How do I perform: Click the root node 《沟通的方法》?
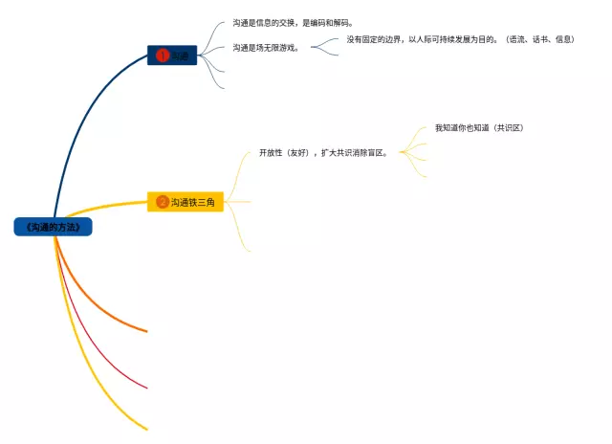click(54, 227)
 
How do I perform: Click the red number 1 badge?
click(163, 55)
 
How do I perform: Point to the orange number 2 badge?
click(163, 202)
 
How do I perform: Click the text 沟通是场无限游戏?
click(265, 47)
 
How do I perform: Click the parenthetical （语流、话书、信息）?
click(541, 39)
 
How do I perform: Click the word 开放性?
click(272, 152)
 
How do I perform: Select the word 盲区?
click(374, 152)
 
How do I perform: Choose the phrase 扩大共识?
click(331, 152)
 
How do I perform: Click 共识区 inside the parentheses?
click(508, 127)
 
